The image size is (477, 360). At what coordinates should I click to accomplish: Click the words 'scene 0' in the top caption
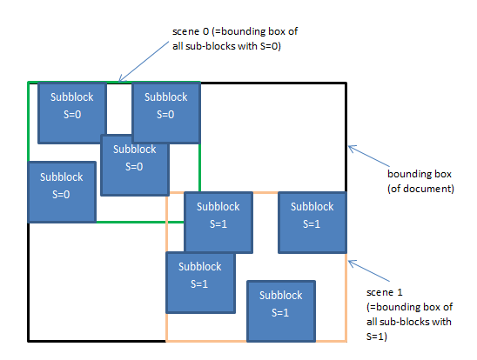191,32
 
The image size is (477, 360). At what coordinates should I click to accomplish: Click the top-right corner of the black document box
346,83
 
